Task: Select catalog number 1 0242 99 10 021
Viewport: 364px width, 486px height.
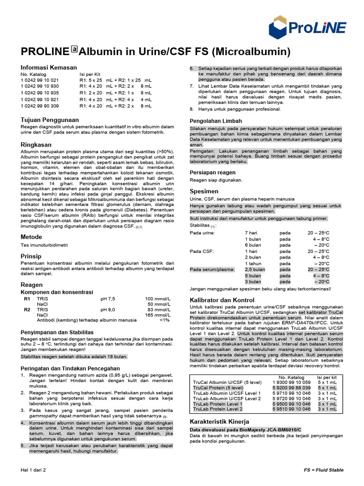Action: pos(39,80)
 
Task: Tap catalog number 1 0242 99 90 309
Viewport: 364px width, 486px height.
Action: pos(39,106)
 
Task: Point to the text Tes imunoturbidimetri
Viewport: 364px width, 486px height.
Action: pos(44,245)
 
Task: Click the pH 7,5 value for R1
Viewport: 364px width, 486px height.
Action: pos(108,299)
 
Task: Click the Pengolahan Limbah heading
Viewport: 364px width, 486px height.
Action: pos(216,121)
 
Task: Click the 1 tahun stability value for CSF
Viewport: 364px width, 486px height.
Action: pos(254,263)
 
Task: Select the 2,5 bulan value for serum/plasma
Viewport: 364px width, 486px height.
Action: pos(255,270)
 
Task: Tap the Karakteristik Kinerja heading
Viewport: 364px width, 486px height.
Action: pos(219,421)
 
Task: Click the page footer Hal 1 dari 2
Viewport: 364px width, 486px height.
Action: pos(33,470)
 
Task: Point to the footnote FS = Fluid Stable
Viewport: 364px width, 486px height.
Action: pos(324,470)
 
